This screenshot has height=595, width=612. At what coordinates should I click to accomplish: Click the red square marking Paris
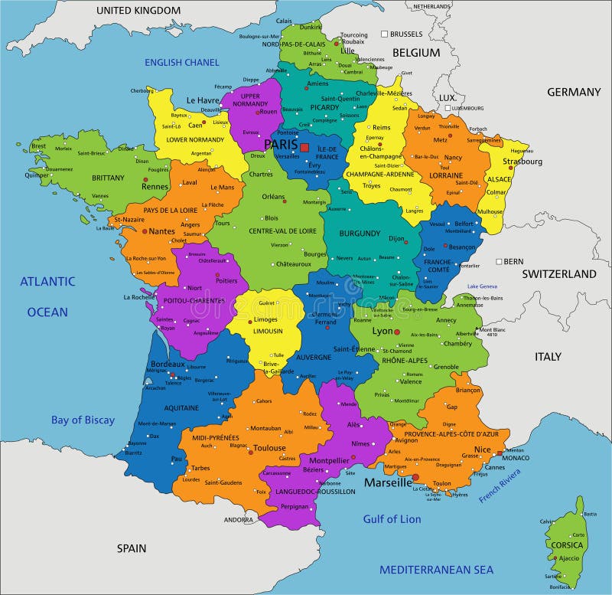pyautogui.click(x=304, y=147)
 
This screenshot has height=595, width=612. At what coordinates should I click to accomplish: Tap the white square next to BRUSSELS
pyautogui.click(x=385, y=34)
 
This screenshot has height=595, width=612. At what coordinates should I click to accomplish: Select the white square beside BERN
pyautogui.click(x=499, y=262)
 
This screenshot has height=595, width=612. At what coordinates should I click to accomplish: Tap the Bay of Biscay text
pyautogui.click(x=83, y=420)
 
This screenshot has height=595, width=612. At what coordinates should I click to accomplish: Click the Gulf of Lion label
pyautogui.click(x=392, y=519)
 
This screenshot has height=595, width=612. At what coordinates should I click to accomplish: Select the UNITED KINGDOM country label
pyautogui.click(x=138, y=11)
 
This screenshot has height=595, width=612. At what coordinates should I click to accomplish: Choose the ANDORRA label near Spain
pyautogui.click(x=238, y=520)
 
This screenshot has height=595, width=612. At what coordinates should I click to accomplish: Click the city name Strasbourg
pyautogui.click(x=522, y=162)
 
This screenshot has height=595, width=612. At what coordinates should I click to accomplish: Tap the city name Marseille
pyautogui.click(x=388, y=483)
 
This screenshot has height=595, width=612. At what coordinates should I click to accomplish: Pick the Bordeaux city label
pyautogui.click(x=168, y=364)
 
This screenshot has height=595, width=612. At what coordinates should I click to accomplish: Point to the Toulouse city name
pyautogui.click(x=269, y=448)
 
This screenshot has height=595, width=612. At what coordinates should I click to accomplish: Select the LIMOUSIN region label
pyautogui.click(x=268, y=331)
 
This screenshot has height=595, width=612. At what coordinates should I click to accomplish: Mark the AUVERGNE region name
pyautogui.click(x=314, y=357)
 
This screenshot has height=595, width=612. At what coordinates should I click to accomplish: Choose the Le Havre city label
pyautogui.click(x=203, y=100)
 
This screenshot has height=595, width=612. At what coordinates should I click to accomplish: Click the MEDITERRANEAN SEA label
pyautogui.click(x=437, y=570)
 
